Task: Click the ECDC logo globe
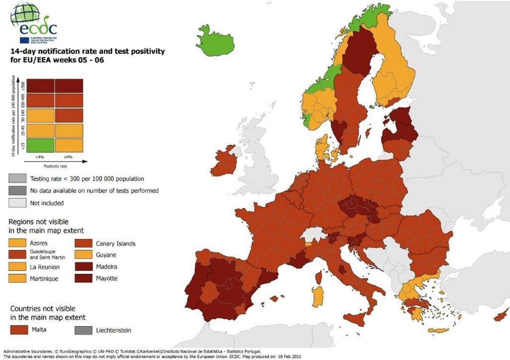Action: (24, 14)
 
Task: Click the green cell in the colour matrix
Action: (40, 145)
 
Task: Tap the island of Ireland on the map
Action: (224, 162)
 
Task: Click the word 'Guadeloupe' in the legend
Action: (41, 252)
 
